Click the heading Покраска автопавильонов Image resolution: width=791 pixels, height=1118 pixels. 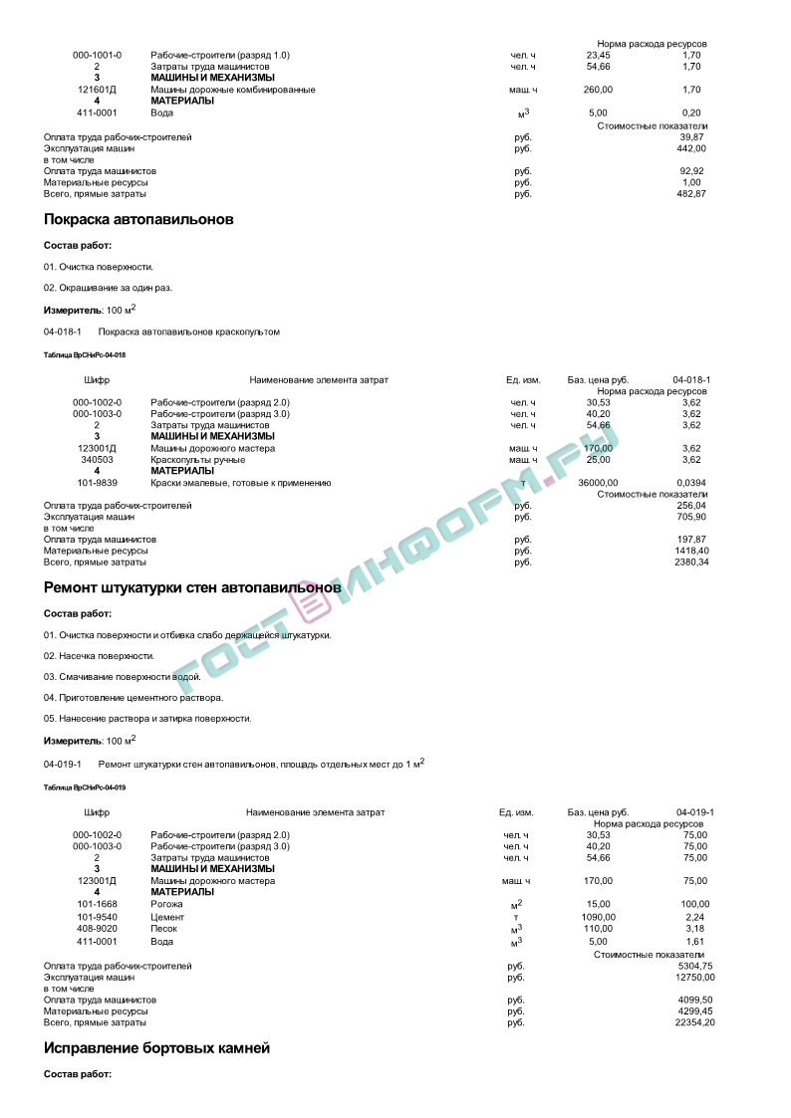click(138, 219)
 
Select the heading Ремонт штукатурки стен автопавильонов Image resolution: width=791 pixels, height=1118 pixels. click(192, 587)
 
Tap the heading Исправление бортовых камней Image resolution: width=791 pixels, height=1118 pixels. click(157, 1048)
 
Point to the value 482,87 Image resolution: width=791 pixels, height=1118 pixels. click(691, 194)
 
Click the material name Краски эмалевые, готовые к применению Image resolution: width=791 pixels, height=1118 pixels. click(240, 483)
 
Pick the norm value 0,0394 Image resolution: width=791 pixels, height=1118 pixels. click(691, 483)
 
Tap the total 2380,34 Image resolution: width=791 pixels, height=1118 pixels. click(691, 562)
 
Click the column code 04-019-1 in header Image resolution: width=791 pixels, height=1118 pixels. click(694, 812)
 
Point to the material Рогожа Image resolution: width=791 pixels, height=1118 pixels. click(166, 905)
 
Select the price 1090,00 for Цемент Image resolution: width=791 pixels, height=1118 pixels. click(598, 917)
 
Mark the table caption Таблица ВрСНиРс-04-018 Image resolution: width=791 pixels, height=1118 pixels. click(85, 355)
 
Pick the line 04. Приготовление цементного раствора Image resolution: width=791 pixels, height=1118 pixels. click(133, 698)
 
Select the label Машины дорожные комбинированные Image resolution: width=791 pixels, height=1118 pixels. click(232, 90)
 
